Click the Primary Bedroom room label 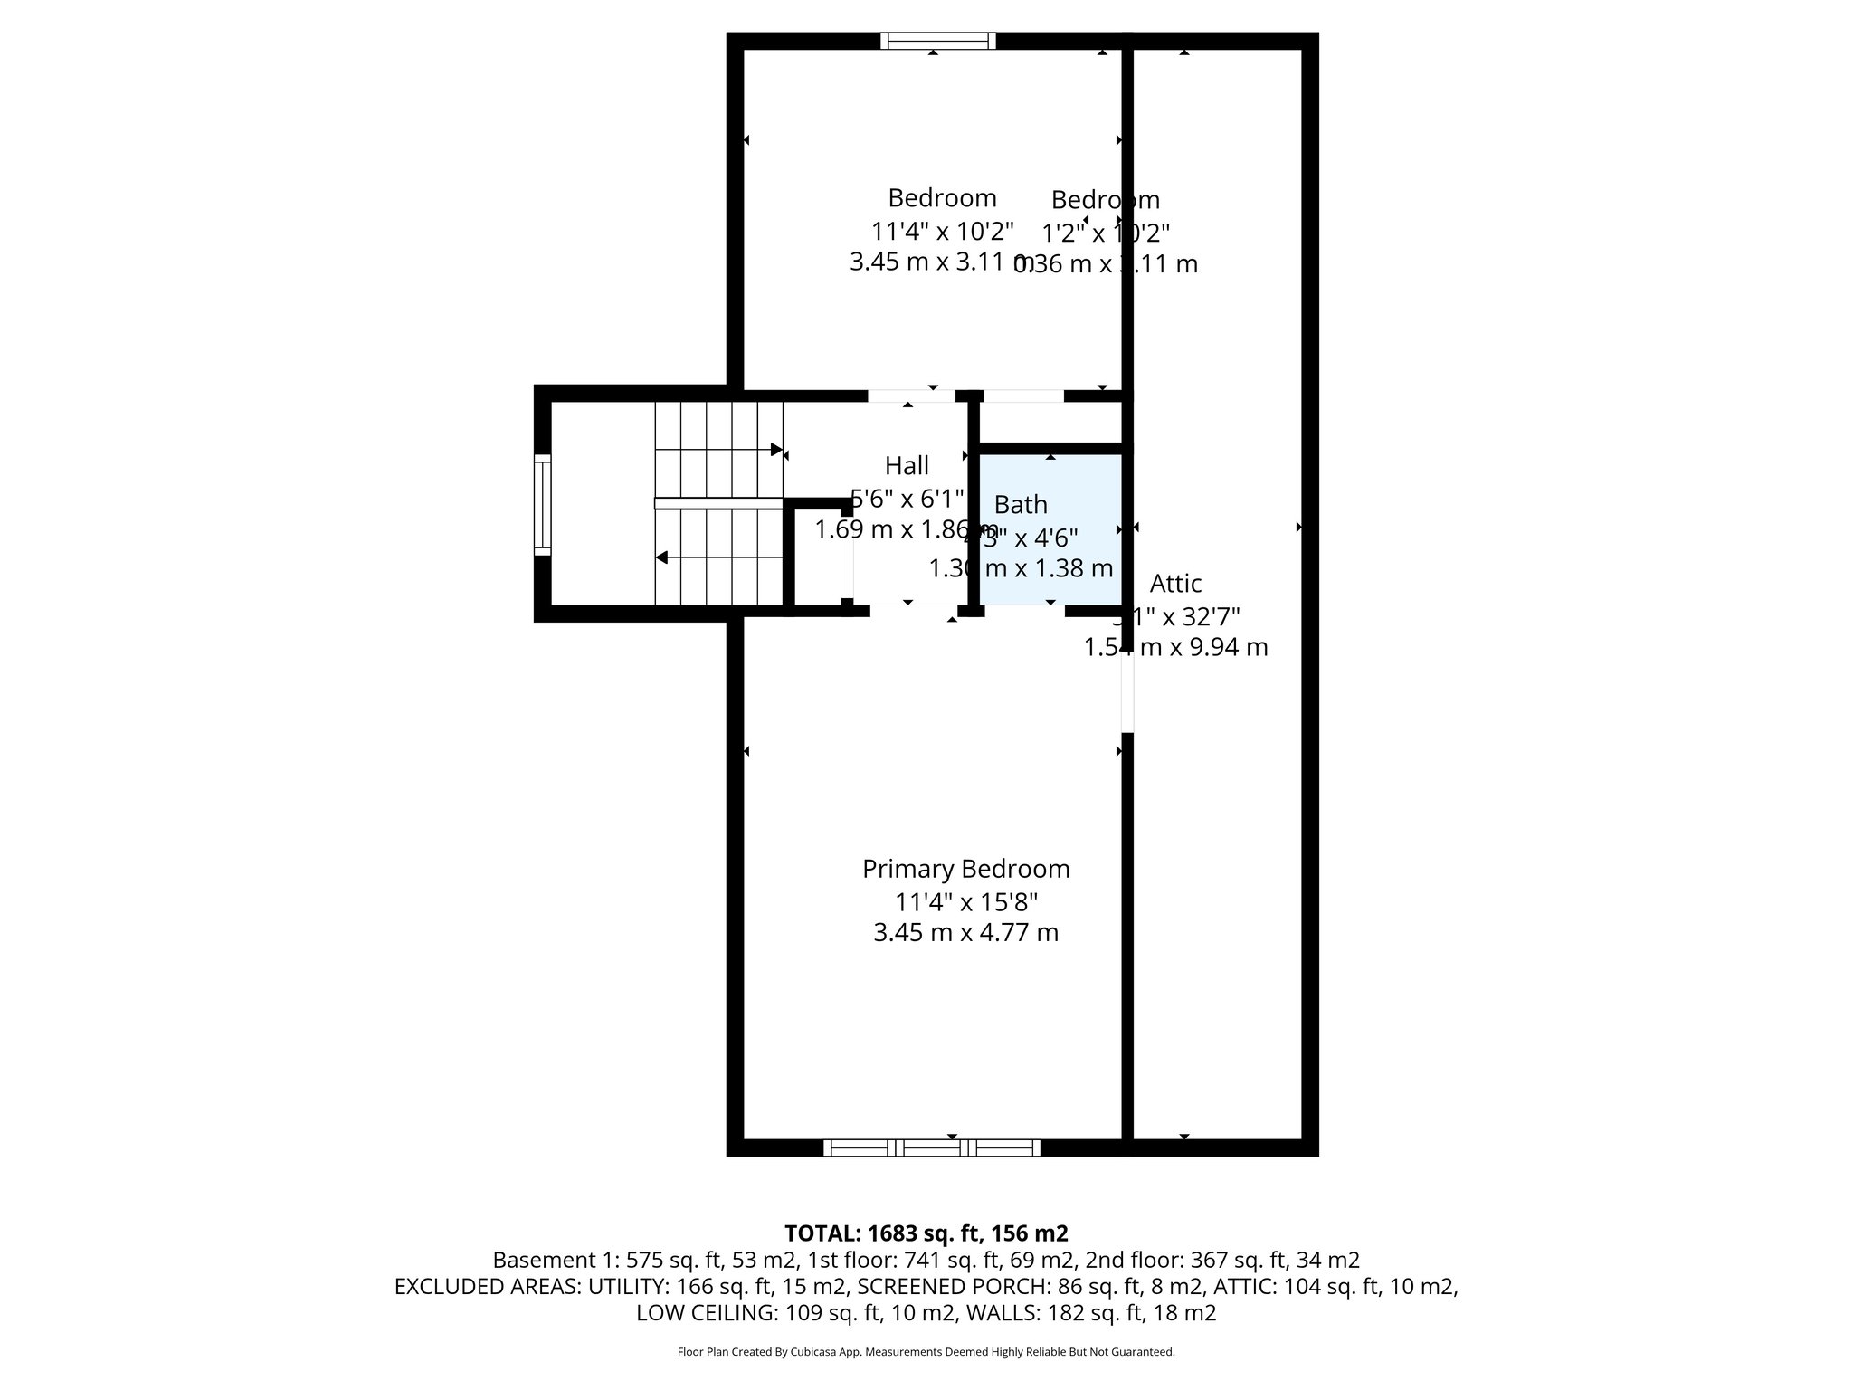(965, 869)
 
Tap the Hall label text (907, 465)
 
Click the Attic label (1175, 583)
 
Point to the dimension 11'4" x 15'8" (965, 902)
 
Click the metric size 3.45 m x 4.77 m (965, 932)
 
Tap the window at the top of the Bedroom (937, 41)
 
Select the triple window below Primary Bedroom (932, 1147)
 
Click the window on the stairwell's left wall (542, 504)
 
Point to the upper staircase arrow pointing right (775, 449)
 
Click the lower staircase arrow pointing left (662, 557)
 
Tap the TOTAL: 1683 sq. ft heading (926, 1233)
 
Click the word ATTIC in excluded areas (1245, 1286)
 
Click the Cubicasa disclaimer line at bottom (926, 1352)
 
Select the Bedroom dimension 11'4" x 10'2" (942, 231)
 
